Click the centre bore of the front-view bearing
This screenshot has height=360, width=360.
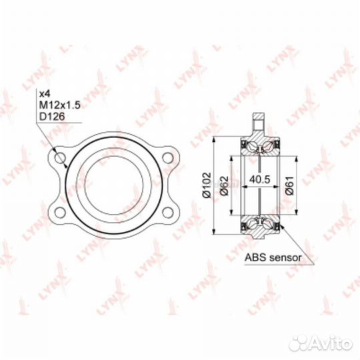click(x=114, y=185)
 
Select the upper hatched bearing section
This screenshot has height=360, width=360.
click(x=259, y=146)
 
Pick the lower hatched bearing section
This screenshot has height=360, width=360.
click(x=259, y=225)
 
